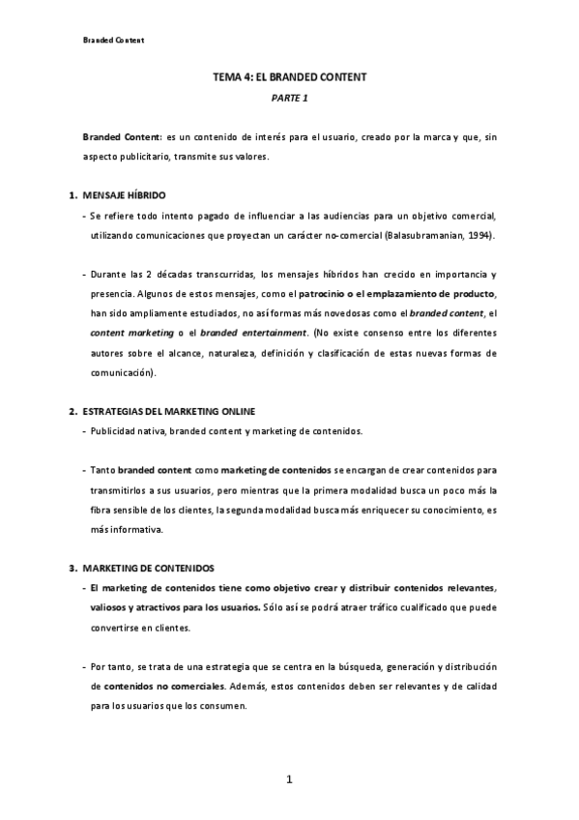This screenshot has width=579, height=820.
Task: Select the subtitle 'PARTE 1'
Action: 289,98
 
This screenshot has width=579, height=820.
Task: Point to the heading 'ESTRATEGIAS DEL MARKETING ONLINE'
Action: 169,411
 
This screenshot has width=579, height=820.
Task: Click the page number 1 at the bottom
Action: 288,778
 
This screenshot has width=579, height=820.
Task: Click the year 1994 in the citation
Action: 479,235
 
